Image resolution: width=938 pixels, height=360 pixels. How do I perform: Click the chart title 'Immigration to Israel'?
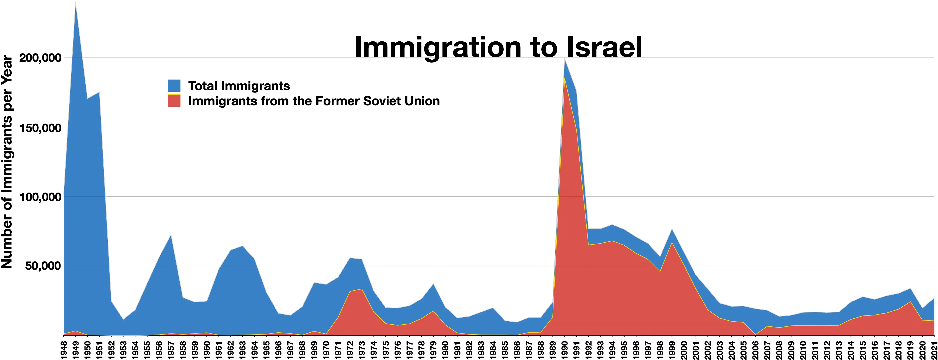[498, 47]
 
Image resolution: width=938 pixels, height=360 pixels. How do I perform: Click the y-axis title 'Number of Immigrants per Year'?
[7, 162]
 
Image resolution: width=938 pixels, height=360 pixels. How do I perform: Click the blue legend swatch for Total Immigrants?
[174, 86]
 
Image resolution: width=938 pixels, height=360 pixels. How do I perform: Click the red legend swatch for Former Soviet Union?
[174, 101]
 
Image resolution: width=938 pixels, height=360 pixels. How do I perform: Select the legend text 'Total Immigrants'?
[239, 86]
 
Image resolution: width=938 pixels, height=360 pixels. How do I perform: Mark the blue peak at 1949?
[75, 3]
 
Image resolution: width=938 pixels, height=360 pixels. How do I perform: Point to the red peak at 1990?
[564, 78]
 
